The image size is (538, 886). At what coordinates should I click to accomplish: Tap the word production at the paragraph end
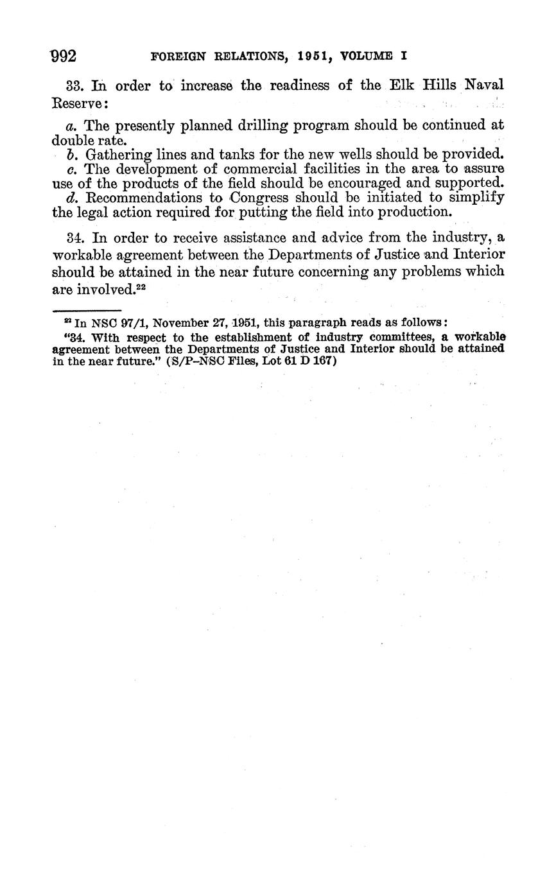point(407,212)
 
